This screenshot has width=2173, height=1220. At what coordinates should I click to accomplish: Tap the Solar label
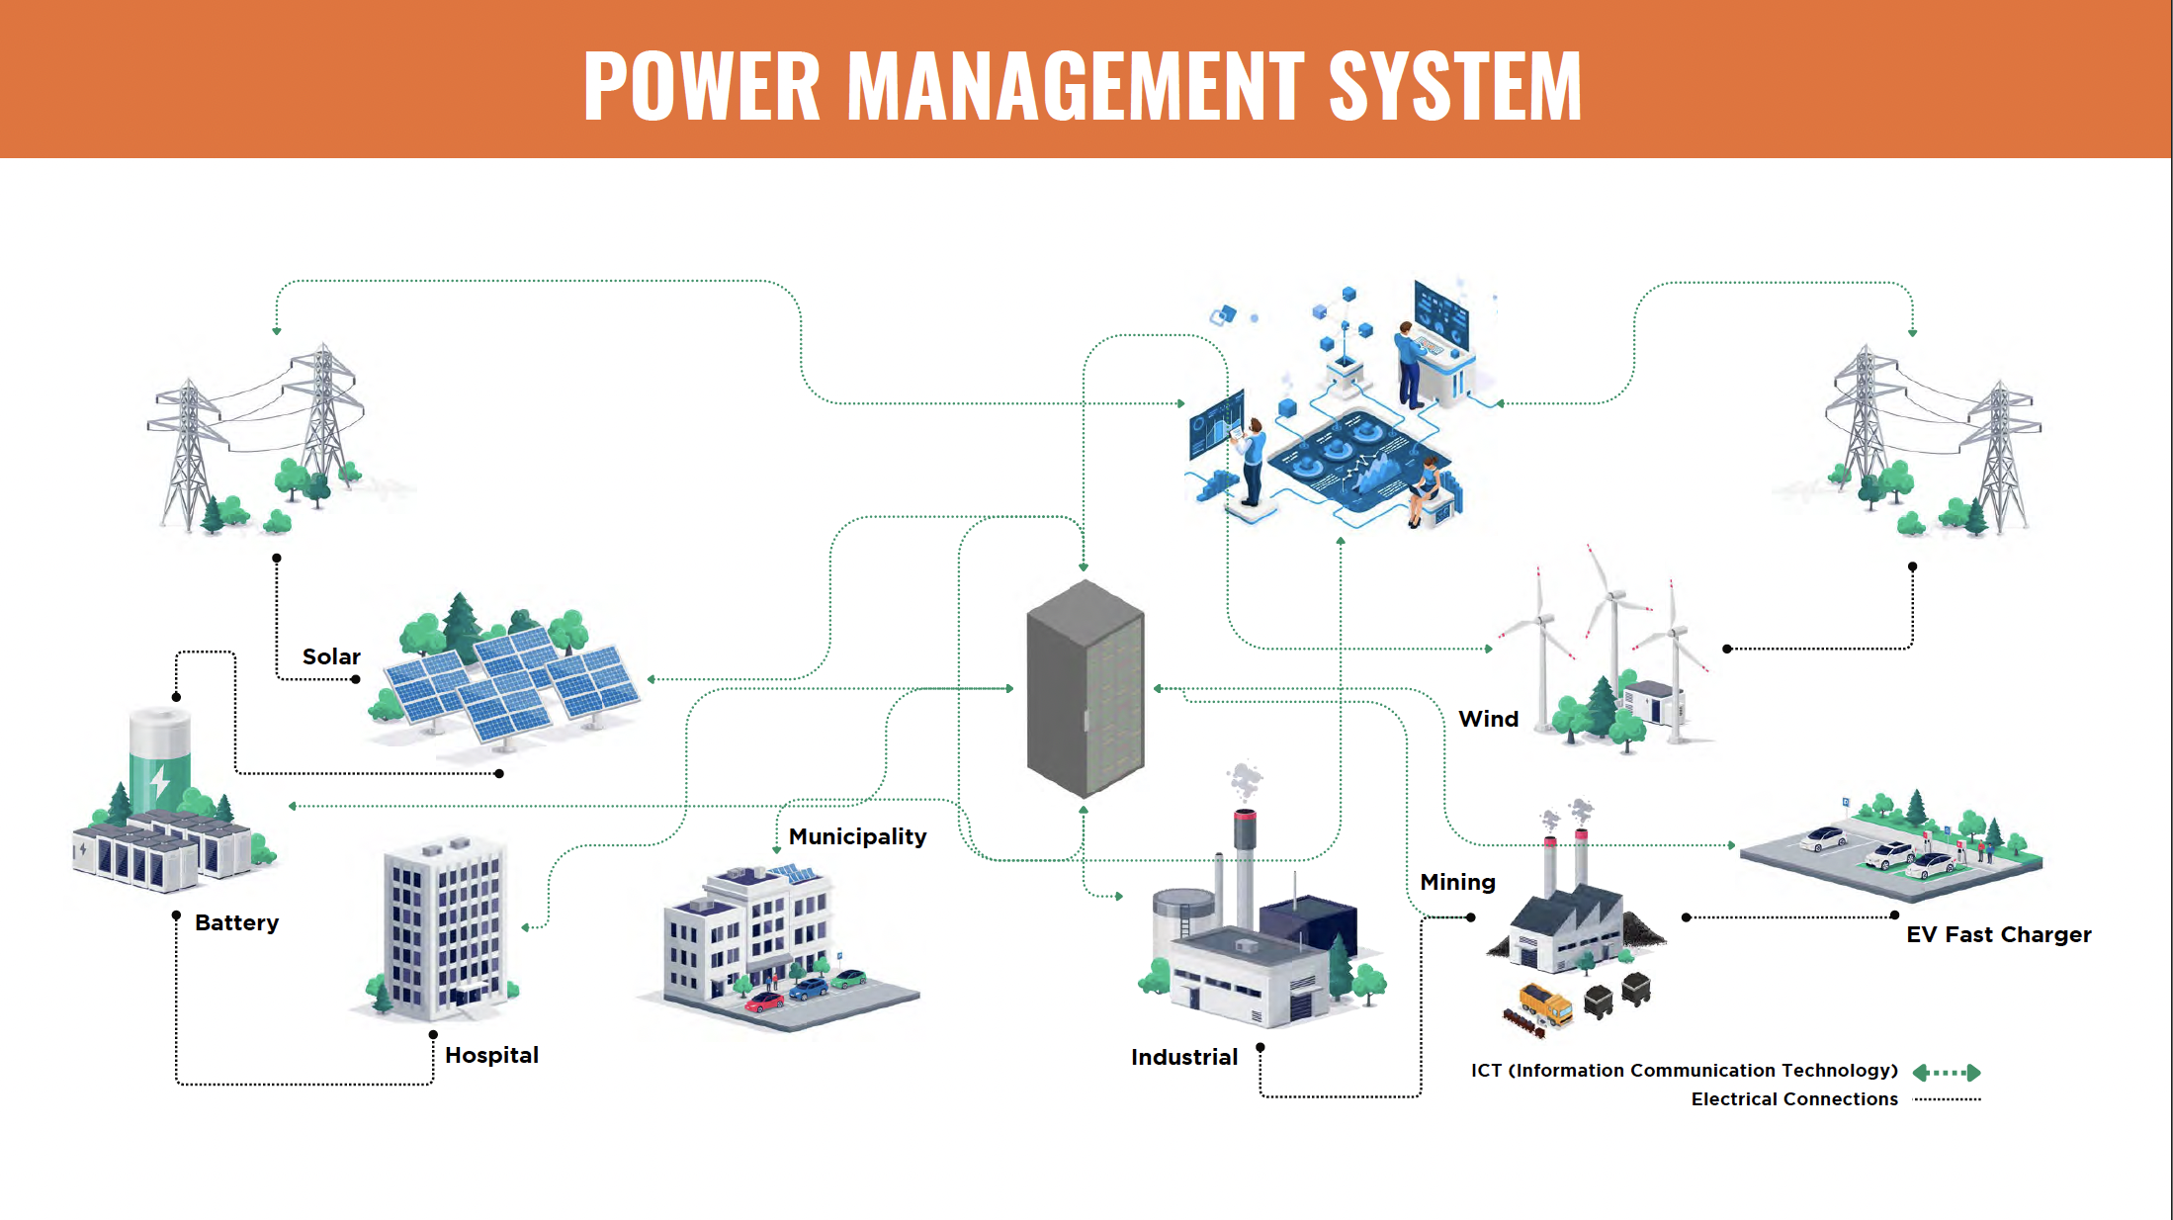coord(331,656)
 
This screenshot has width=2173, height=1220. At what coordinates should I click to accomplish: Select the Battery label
coord(236,922)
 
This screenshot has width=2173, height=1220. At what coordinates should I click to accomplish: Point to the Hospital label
coord(491,1055)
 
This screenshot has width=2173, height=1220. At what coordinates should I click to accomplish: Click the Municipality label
coord(857,836)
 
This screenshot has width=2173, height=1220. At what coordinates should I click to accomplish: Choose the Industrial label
coord(1184,1057)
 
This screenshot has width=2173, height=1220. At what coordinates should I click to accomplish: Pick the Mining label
coord(1457,882)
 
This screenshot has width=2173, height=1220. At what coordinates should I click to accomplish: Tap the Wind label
coord(1488,719)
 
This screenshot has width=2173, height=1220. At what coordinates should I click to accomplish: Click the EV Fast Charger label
coord(1998,934)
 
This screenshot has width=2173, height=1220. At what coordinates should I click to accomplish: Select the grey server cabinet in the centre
coord(1086,689)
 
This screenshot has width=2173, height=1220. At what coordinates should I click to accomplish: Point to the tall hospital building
coord(446,929)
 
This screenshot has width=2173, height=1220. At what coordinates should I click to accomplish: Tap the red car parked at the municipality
coord(764,1002)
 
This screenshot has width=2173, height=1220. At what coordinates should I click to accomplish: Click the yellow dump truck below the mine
coord(1545,1003)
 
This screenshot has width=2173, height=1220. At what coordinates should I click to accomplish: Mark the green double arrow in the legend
coord(1947,1073)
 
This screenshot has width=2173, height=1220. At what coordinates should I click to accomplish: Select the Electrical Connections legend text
coord(1794,1099)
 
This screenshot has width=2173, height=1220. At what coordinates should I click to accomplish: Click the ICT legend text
coord(1684,1071)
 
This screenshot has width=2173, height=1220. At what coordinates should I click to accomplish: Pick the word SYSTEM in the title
coord(1455,86)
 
